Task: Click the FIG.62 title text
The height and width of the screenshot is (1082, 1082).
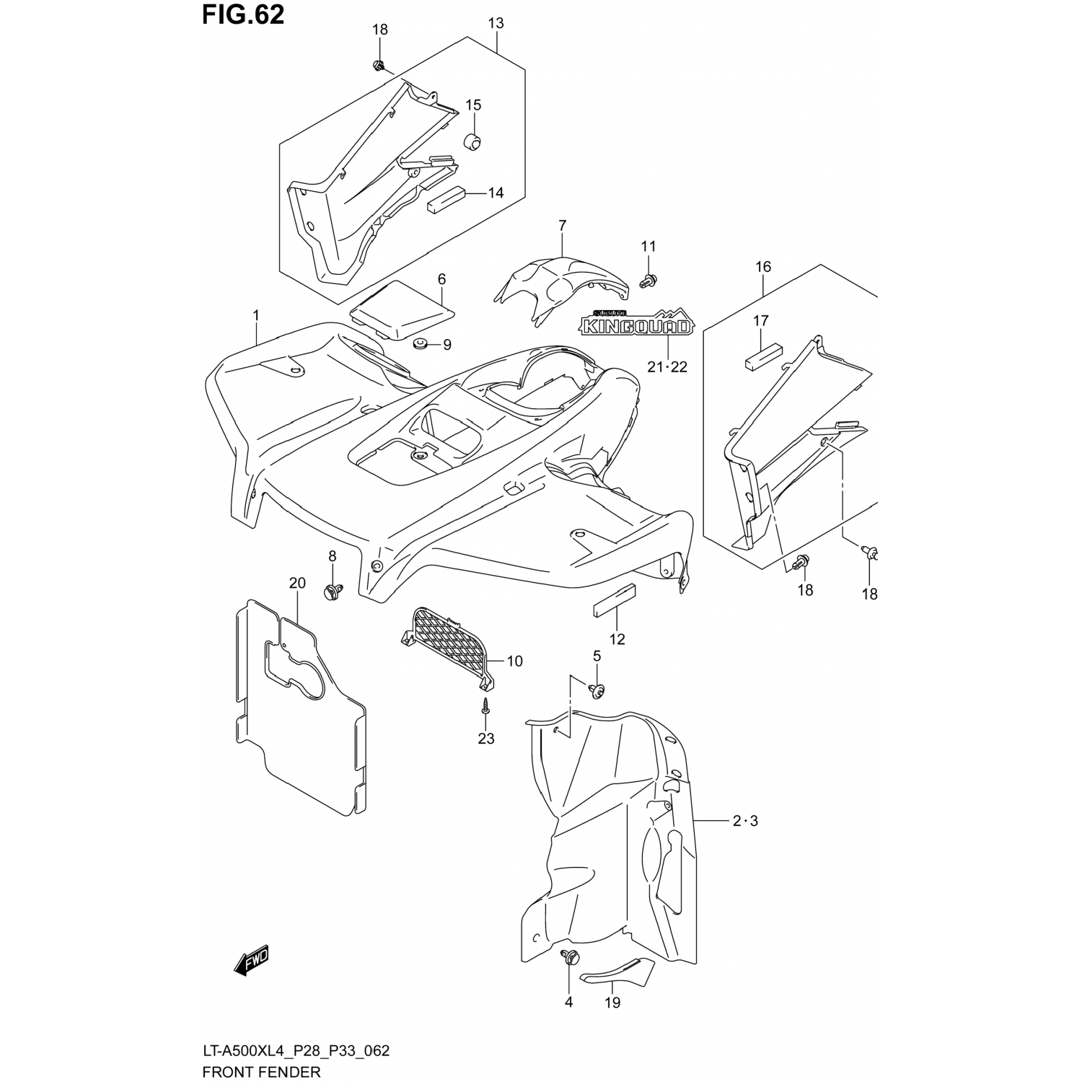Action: click(244, 14)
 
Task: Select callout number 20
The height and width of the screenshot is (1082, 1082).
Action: click(297, 583)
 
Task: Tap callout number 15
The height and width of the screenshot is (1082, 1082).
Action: click(472, 105)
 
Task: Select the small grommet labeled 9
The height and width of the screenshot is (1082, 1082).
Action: click(418, 343)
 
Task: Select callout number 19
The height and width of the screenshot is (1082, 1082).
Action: click(612, 1003)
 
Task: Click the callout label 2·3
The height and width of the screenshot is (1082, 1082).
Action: click(745, 821)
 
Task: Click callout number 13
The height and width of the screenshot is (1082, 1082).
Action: click(496, 23)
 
